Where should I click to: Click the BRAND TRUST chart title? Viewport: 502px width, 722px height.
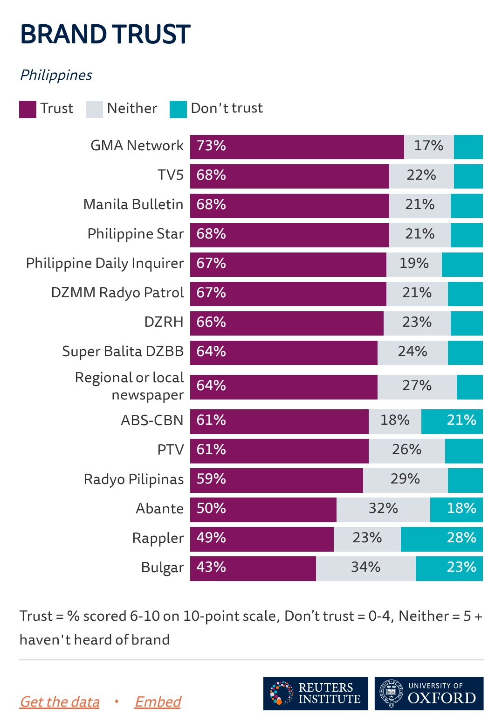[105, 35]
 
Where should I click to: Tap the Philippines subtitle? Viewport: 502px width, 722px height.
[56, 75]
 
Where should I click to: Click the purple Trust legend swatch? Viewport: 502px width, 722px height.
[28, 109]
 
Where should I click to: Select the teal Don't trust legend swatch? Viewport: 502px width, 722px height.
[178, 109]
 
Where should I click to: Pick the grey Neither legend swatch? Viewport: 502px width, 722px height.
[94, 109]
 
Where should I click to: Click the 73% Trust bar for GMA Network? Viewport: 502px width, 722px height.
[297, 147]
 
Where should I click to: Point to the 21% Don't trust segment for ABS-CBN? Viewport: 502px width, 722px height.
[452, 421]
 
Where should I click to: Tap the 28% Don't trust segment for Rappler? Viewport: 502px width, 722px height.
[441, 539]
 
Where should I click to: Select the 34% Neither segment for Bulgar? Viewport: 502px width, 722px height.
[365, 568]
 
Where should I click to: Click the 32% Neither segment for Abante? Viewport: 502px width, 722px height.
[383, 509]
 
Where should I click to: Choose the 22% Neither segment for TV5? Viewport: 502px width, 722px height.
[421, 176]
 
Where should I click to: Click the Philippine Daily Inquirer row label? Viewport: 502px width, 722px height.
[105, 264]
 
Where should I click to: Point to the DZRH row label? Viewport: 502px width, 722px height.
[164, 322]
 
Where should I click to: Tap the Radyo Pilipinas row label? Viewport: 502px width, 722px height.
[134, 480]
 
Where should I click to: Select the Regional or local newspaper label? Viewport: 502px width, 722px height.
[130, 386]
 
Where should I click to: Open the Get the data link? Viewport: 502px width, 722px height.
[60, 701]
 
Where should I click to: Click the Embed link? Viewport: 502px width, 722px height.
[158, 701]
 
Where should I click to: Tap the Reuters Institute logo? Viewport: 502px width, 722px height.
[316, 694]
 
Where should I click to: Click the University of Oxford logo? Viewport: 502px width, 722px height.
[429, 694]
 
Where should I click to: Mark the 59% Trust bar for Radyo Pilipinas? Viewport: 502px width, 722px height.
[276, 480]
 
